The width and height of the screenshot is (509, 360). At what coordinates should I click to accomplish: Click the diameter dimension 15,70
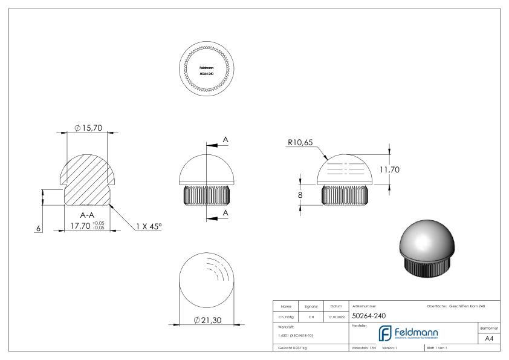click(91, 128)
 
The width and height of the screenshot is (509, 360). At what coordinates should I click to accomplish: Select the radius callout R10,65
click(300, 144)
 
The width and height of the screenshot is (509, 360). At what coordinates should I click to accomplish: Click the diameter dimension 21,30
click(209, 319)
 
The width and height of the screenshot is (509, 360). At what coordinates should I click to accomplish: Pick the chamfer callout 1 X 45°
click(149, 226)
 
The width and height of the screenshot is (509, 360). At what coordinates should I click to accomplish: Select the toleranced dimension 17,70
click(83, 226)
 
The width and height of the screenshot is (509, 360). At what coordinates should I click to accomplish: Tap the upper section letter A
click(225, 140)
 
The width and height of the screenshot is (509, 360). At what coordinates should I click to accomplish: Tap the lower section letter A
click(225, 213)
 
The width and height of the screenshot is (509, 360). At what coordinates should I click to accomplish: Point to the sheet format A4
click(490, 339)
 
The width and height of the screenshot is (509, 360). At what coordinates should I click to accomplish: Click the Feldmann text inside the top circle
click(207, 67)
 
